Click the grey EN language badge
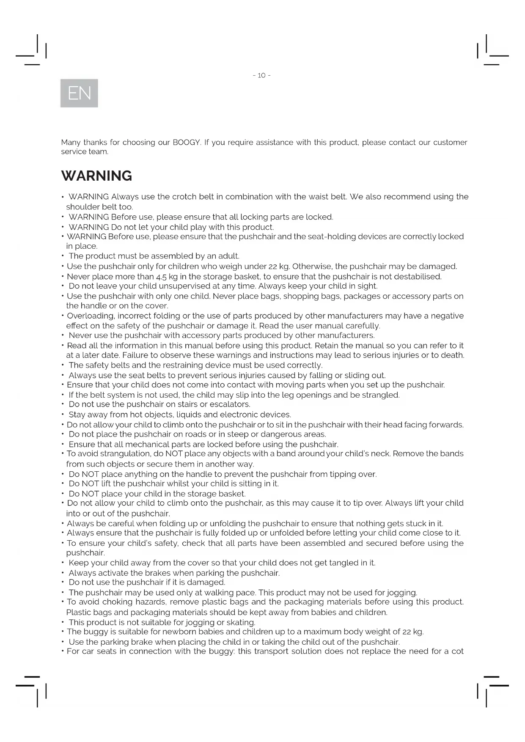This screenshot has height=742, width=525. [79, 93]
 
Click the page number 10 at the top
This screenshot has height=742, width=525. [261, 75]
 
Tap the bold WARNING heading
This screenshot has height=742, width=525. [96, 176]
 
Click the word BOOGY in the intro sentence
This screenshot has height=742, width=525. [186, 143]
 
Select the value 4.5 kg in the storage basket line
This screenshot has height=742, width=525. [167, 277]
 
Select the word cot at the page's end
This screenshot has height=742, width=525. [457, 651]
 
